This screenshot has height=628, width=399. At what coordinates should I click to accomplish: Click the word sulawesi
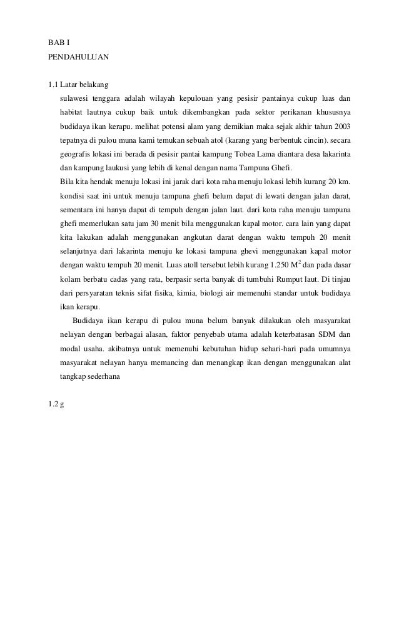coord(74,98)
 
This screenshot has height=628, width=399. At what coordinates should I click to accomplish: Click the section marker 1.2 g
coord(56,404)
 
